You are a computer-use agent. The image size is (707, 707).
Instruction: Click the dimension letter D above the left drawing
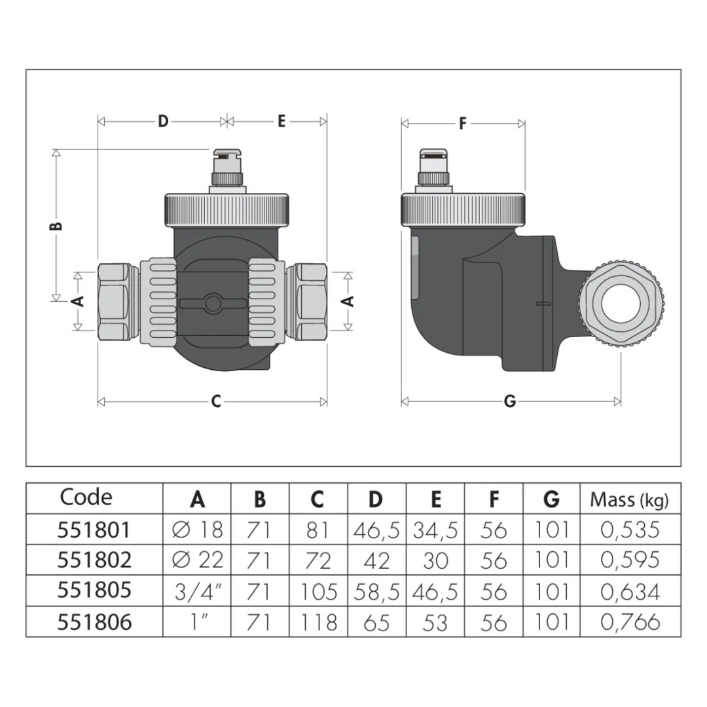click(x=163, y=121)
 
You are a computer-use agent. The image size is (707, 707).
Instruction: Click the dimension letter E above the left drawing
click(x=281, y=121)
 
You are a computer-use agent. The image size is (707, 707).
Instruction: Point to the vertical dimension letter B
click(x=56, y=225)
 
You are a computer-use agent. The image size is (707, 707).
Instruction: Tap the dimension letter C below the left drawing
click(x=216, y=401)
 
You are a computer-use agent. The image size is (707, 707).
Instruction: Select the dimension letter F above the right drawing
click(x=463, y=124)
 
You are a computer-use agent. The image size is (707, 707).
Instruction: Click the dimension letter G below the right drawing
click(x=510, y=401)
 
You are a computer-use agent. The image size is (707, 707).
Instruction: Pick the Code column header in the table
click(x=86, y=498)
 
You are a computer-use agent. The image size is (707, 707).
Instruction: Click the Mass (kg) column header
click(x=630, y=499)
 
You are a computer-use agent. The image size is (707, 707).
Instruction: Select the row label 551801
click(x=94, y=530)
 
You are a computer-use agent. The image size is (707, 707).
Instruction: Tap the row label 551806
click(x=94, y=623)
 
